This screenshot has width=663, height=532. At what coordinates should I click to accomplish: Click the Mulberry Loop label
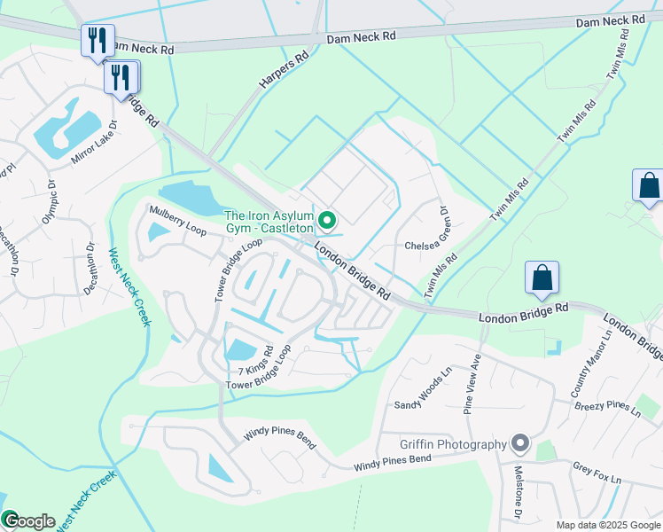[x=177, y=219]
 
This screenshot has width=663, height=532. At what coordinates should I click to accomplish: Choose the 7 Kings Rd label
[x=254, y=370]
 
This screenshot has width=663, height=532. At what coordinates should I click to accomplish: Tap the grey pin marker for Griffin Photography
[x=520, y=442]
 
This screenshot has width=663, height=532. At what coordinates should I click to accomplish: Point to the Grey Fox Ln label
[x=597, y=472]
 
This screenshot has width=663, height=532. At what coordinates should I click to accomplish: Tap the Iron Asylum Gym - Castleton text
[x=269, y=223]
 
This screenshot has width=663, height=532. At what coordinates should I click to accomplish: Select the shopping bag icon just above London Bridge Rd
[x=541, y=278]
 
